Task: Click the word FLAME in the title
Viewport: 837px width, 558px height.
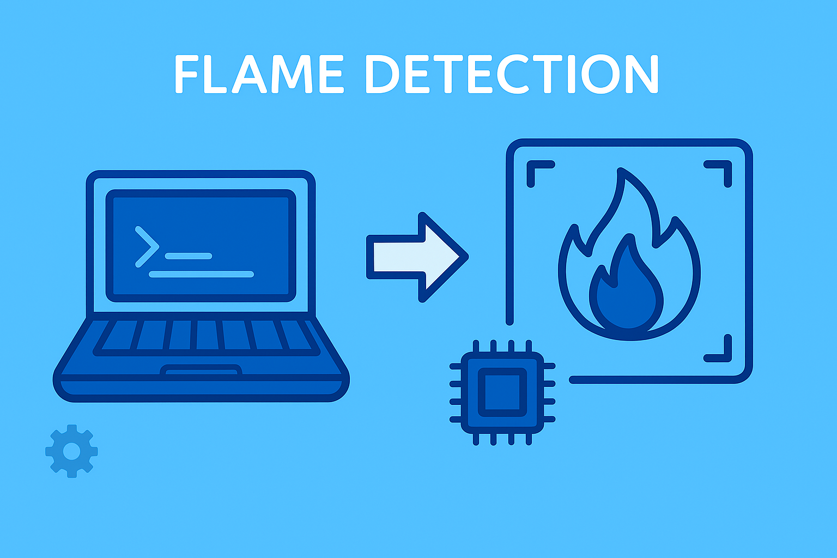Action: click(259, 74)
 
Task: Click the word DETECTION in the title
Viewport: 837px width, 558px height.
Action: click(512, 74)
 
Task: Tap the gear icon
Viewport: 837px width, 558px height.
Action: click(71, 451)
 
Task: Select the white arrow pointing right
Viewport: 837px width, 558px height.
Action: click(417, 257)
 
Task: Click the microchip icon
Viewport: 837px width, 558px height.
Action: click(502, 392)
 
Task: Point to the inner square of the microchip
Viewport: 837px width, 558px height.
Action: click(502, 392)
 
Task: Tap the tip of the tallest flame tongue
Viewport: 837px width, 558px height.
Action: click(620, 169)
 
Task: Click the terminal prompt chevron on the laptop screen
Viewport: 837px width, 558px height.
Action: click(147, 247)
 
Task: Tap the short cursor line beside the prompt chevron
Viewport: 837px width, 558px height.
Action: click(189, 256)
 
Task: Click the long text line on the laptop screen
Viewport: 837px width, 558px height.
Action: click(202, 274)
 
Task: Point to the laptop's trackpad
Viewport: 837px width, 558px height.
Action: click(201, 371)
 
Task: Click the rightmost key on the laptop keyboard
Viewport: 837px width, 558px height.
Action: click(298, 335)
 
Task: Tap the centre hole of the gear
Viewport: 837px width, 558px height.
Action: click(71, 451)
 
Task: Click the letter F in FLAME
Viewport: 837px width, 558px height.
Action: click(186, 74)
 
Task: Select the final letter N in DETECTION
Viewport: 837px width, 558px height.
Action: click(642, 74)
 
